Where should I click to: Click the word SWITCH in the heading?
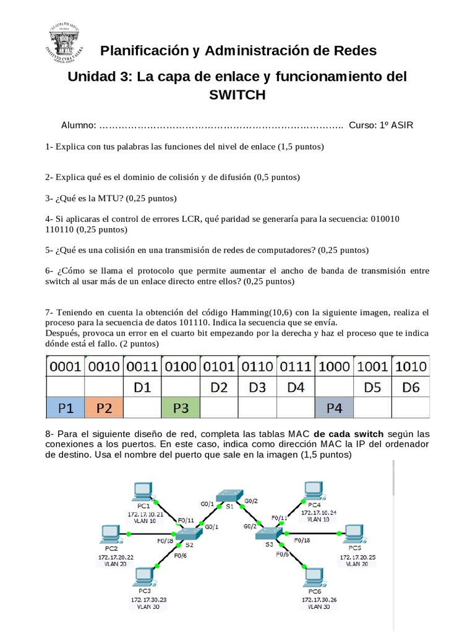click(x=237, y=95)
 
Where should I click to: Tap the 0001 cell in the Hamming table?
click(x=65, y=367)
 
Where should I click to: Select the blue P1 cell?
click(x=65, y=407)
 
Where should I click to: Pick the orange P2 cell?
click(x=104, y=407)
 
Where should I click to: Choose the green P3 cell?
click(x=181, y=407)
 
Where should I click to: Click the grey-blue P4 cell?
click(x=334, y=407)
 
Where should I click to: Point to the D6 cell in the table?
click(x=411, y=387)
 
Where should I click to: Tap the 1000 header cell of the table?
click(x=334, y=367)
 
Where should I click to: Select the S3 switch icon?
click(x=269, y=534)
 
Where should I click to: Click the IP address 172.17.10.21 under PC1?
click(x=146, y=512)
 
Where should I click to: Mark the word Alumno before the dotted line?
click(x=78, y=125)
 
